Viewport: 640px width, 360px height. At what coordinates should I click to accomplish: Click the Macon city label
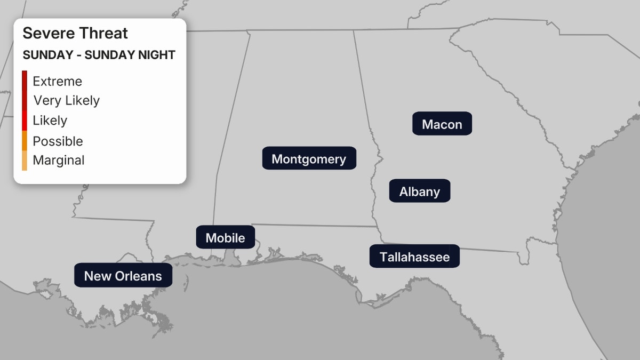pos(442,124)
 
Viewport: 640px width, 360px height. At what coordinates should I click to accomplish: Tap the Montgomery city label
pos(309,158)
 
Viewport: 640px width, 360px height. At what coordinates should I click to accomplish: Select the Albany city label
pos(420,191)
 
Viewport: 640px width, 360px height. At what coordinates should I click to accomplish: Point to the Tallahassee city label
pos(414,257)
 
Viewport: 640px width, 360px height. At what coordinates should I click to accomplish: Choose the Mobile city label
pos(225,237)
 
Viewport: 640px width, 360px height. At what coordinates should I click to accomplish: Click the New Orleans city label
pos(123,276)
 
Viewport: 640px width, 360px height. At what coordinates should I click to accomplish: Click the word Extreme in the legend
pos(58,82)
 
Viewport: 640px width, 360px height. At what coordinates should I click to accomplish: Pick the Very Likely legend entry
pos(66,100)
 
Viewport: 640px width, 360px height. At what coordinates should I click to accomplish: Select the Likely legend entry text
pos(50,120)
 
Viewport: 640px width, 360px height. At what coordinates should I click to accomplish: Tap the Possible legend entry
pos(58,141)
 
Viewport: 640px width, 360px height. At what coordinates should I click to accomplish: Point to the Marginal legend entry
pos(59,160)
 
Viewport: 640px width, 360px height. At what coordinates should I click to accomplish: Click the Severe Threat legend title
pos(75,33)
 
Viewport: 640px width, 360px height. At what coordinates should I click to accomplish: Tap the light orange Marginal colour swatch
pos(25,161)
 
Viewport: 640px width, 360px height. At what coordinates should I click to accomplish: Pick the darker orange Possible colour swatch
pos(25,141)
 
